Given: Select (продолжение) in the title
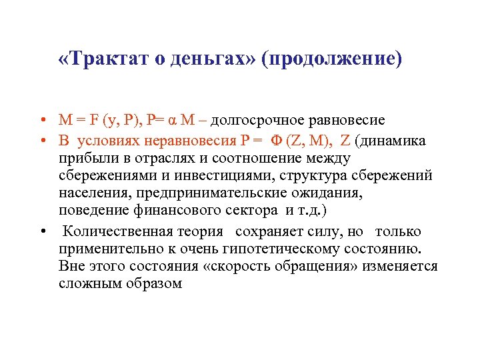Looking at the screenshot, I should pos(333,59).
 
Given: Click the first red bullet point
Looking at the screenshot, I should pos(42,121).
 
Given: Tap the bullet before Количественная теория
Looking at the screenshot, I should pos(42,231).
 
